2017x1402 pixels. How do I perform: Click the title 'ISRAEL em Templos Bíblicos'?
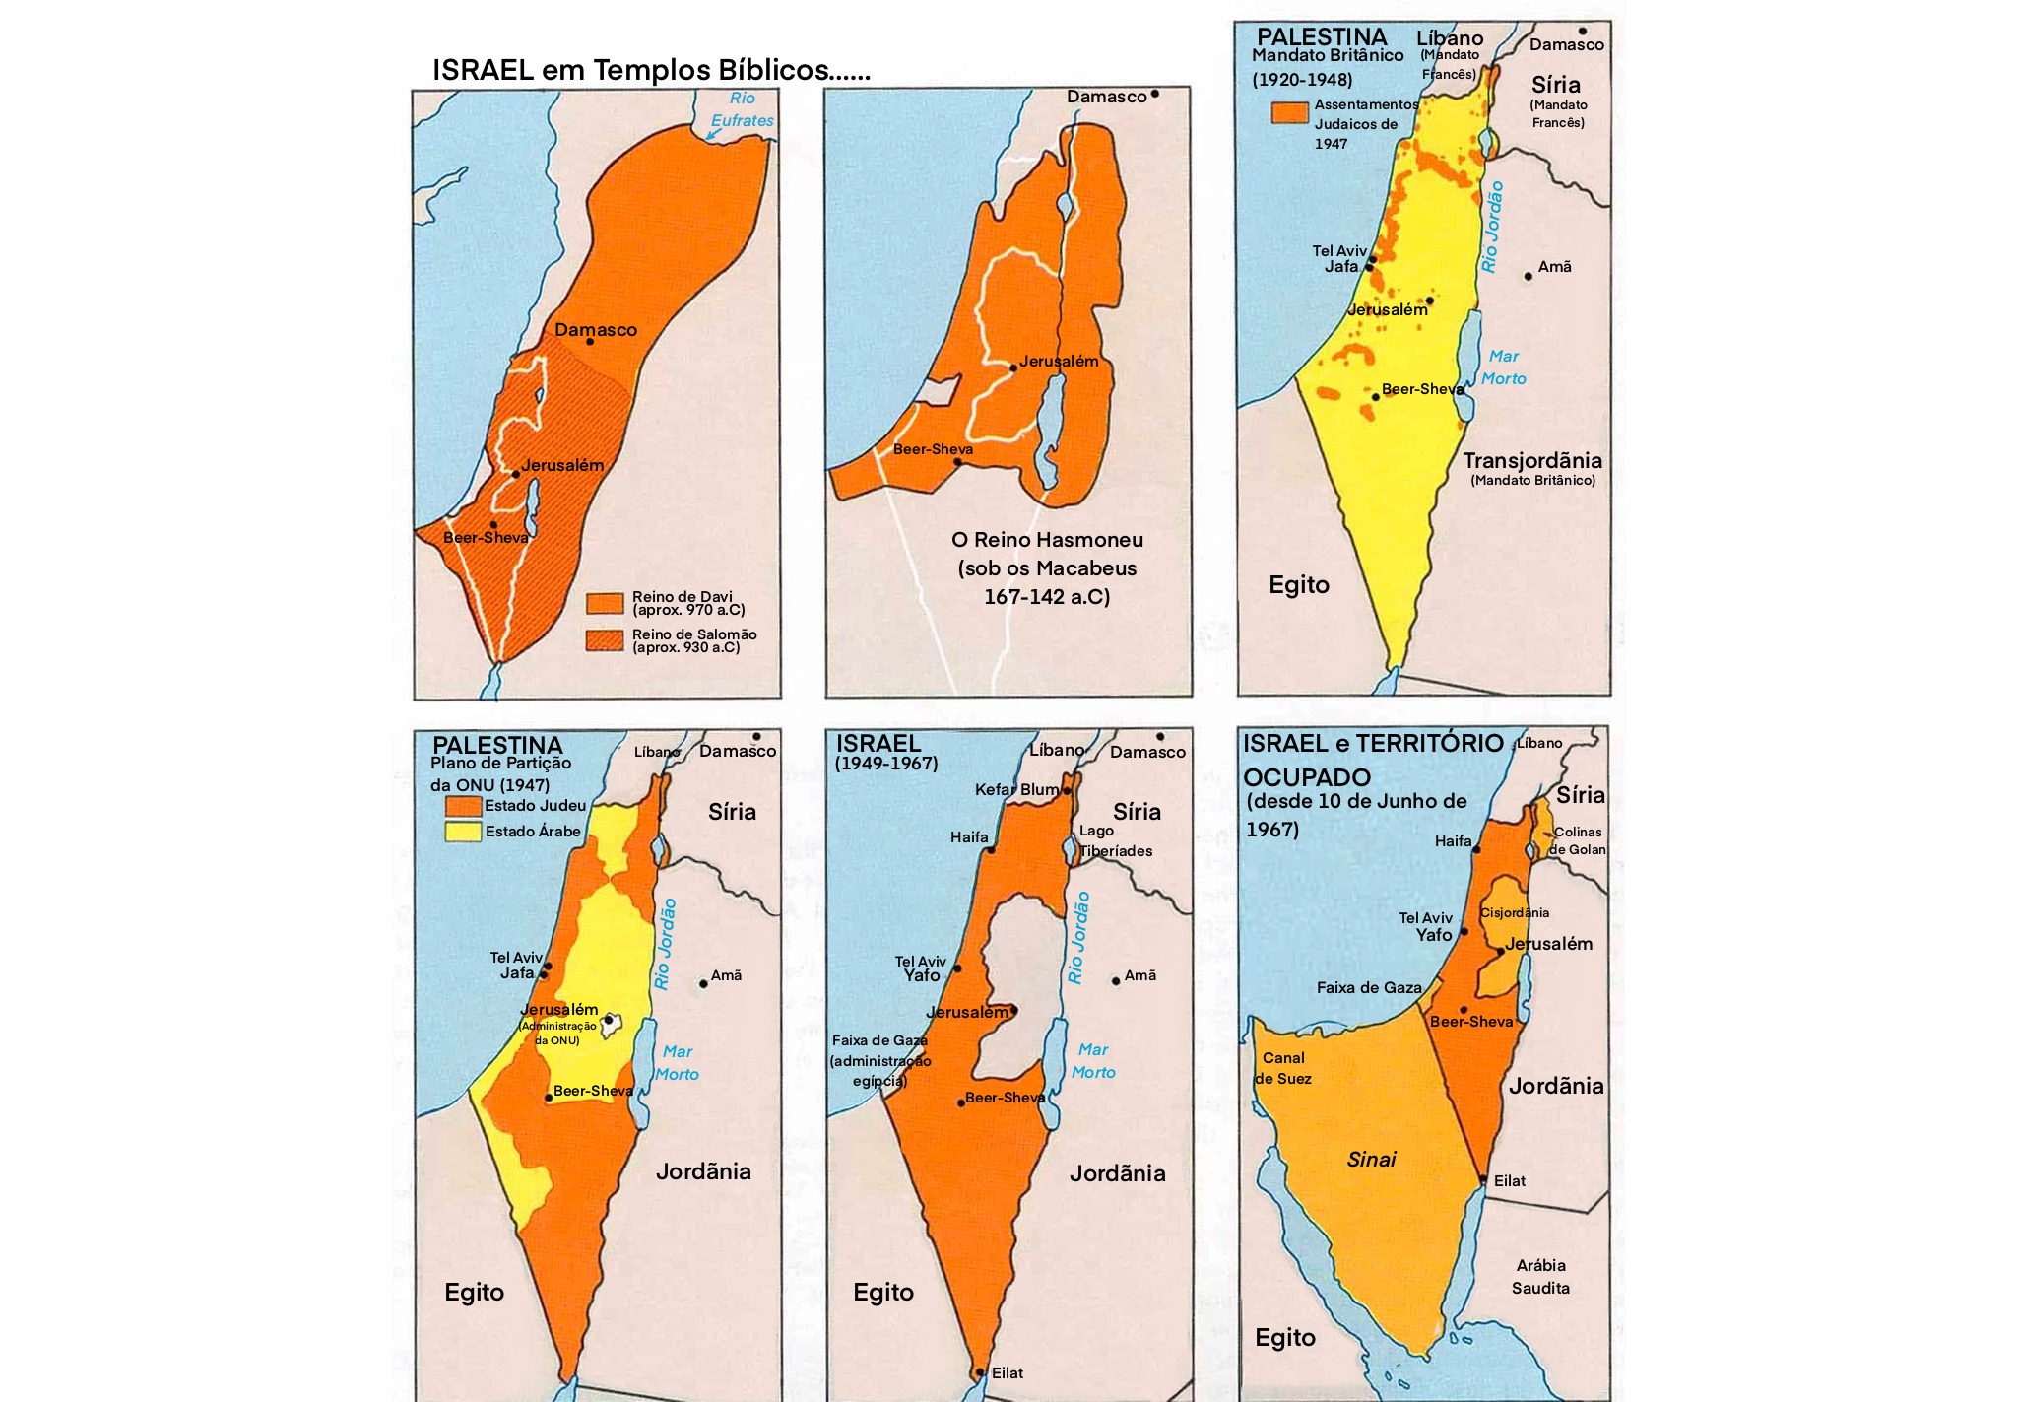pyautogui.click(x=650, y=70)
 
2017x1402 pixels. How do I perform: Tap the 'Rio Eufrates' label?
pyautogui.click(x=742, y=109)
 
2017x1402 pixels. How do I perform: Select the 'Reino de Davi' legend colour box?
pyautogui.click(x=605, y=603)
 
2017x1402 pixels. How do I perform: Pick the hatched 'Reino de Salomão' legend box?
pyautogui.click(x=605, y=640)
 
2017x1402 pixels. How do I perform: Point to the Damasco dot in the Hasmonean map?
pyautogui.click(x=1154, y=95)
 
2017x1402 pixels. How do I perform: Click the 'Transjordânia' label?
pyautogui.click(x=1531, y=461)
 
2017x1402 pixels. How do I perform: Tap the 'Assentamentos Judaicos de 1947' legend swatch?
pyautogui.click(x=1289, y=112)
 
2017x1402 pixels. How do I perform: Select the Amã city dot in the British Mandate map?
pyautogui.click(x=1528, y=276)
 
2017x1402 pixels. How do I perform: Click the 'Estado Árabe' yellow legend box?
pyautogui.click(x=463, y=831)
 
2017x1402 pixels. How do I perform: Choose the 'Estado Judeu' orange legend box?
pyautogui.click(x=463, y=806)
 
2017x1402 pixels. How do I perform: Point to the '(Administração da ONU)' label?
pyautogui.click(x=557, y=1033)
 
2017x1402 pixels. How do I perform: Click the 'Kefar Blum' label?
pyautogui.click(x=1016, y=789)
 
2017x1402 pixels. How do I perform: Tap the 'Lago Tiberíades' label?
pyautogui.click(x=1115, y=840)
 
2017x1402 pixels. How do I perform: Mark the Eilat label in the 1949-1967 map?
pyautogui.click(x=1007, y=1372)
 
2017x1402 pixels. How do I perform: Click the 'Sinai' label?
pyautogui.click(x=1371, y=1160)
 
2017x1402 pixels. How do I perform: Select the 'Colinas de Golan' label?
pyautogui.click(x=1577, y=840)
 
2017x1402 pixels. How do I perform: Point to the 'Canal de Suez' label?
pyautogui.click(x=1282, y=1068)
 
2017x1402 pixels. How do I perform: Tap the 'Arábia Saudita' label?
pyautogui.click(x=1540, y=1277)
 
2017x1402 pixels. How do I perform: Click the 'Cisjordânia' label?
pyautogui.click(x=1514, y=913)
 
